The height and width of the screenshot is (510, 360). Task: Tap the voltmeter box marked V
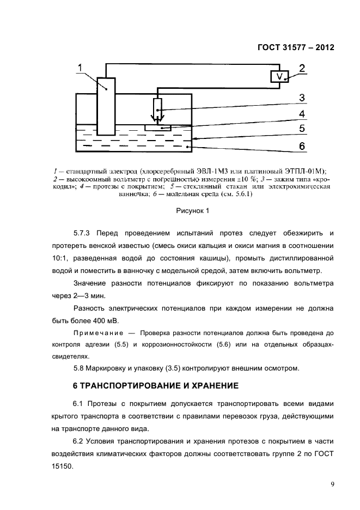click(279, 77)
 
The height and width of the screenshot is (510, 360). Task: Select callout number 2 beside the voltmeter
click(302, 69)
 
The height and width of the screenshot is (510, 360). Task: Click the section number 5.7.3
click(83, 233)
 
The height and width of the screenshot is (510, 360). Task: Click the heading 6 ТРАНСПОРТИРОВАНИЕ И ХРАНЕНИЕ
click(156, 386)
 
